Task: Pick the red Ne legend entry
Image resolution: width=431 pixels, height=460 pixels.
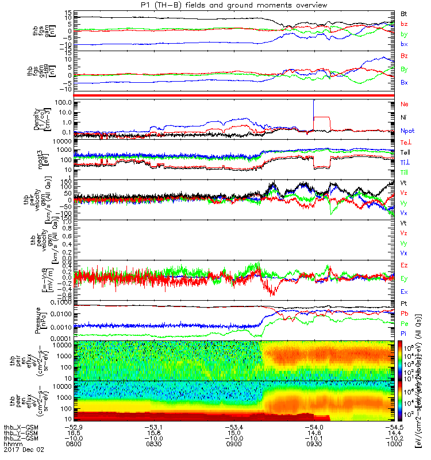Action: pyautogui.click(x=405, y=104)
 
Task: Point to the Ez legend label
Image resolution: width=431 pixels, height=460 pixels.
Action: pyautogui.click(x=405, y=265)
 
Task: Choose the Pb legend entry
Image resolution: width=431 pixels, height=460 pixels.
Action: pyautogui.click(x=405, y=313)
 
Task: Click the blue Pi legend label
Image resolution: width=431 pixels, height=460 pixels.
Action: pyautogui.click(x=404, y=332)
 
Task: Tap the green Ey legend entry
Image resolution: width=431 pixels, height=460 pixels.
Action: pyautogui.click(x=405, y=278)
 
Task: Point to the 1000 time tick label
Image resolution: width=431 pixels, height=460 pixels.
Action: pyautogui.click(x=395, y=444)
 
